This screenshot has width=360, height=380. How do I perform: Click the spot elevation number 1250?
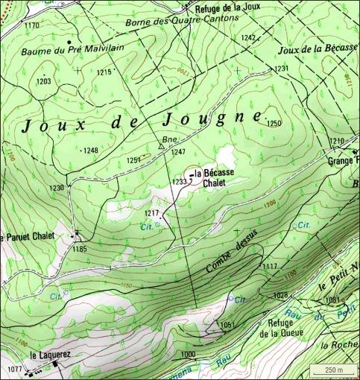[x=275, y=123]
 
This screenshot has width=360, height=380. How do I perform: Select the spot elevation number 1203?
[x=44, y=80]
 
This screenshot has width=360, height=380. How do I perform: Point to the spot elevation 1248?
[x=90, y=151]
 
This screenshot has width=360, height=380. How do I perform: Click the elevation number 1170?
[x=31, y=25]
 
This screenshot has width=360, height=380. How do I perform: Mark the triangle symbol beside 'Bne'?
[x=160, y=147]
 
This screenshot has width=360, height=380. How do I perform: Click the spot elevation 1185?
[x=80, y=249]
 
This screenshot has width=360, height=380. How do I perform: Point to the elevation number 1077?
[x=14, y=369]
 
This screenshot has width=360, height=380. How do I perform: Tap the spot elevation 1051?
[x=227, y=325]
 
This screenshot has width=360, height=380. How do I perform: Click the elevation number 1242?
[x=248, y=37]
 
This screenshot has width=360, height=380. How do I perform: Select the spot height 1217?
[x=152, y=214]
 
